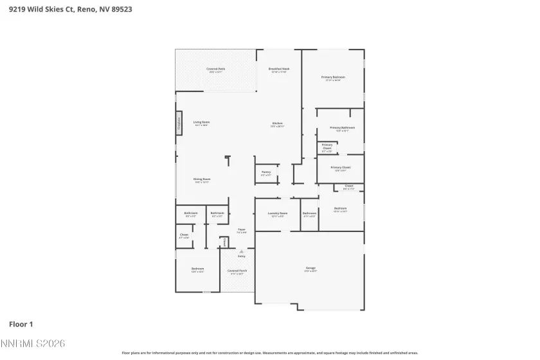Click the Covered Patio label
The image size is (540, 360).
coord(215,69)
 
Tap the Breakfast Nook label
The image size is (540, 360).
coord(278,69)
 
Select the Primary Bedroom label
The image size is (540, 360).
coord(333,78)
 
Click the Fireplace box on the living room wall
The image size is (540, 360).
coord(179,124)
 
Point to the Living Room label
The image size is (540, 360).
coord(201,123)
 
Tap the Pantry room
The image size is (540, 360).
coord(266,173)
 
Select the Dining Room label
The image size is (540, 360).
coord(202,180)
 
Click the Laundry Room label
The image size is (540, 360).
coord(278,214)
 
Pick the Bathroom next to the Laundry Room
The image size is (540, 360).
coord(309,214)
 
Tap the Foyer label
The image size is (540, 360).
coord(242,230)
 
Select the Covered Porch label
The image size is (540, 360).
coord(237,271)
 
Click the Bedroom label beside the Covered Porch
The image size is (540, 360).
coord(197,269)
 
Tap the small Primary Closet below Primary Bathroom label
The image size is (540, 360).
coord(327,148)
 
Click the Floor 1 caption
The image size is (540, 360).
coord(21,323)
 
